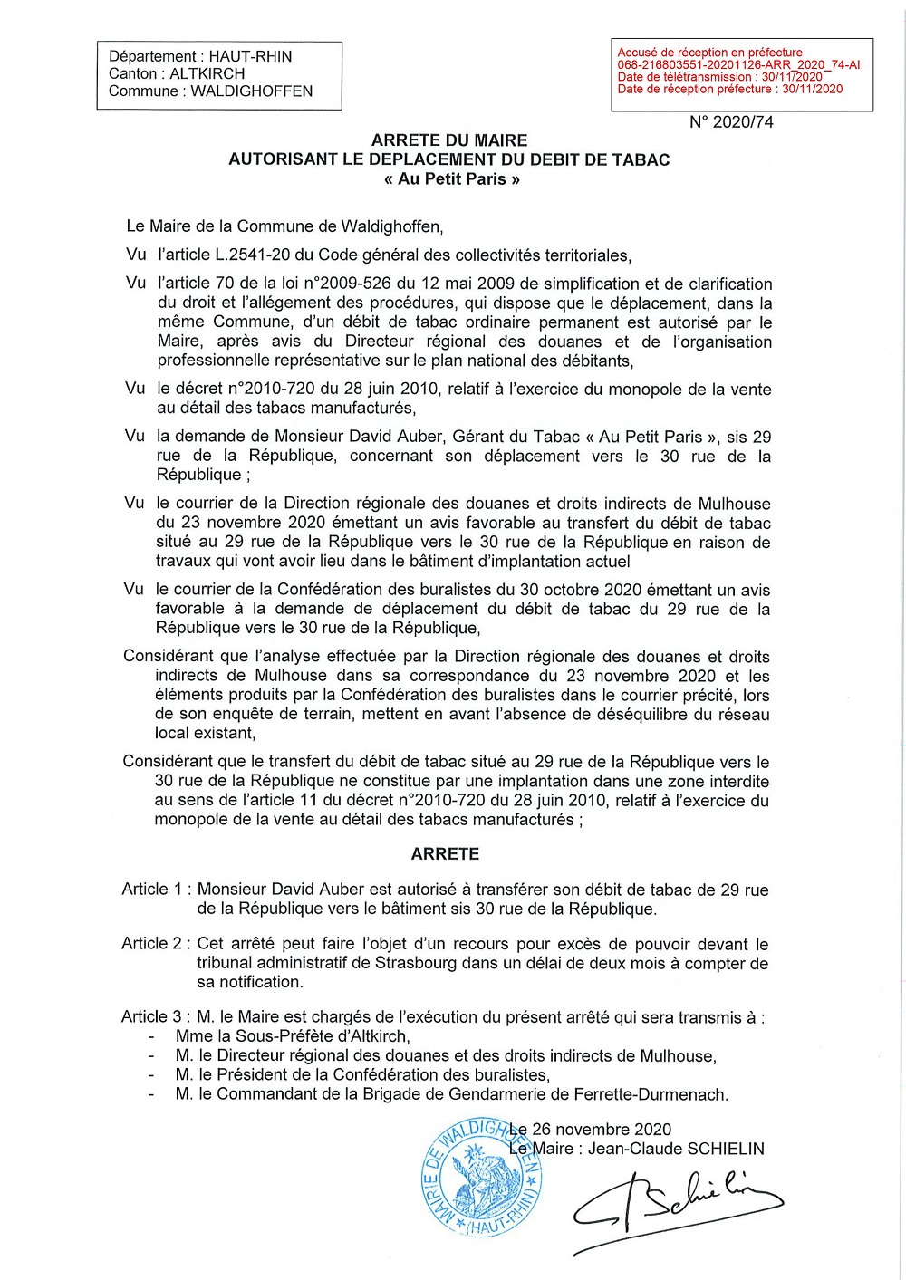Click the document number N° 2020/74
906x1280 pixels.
pyautogui.click(x=731, y=122)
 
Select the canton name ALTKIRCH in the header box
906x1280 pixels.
pyautogui.click(x=207, y=73)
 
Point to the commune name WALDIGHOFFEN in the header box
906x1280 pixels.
pyautogui.click(x=251, y=91)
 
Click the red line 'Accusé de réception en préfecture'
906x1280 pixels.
pyautogui.click(x=709, y=53)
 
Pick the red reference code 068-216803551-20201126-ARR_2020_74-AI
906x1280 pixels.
pyautogui.click(x=738, y=65)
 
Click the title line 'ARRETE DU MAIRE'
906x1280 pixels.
pyautogui.click(x=449, y=140)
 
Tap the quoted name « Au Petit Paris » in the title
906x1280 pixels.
pyautogui.click(x=451, y=178)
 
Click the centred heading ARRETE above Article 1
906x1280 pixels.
pyautogui.click(x=445, y=853)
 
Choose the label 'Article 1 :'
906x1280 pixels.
pyautogui.click(x=156, y=890)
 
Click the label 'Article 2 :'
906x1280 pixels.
pyautogui.click(x=156, y=943)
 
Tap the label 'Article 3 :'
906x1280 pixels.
pyautogui.click(x=156, y=1017)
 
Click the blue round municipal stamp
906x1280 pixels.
pyautogui.click(x=480, y=1179)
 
